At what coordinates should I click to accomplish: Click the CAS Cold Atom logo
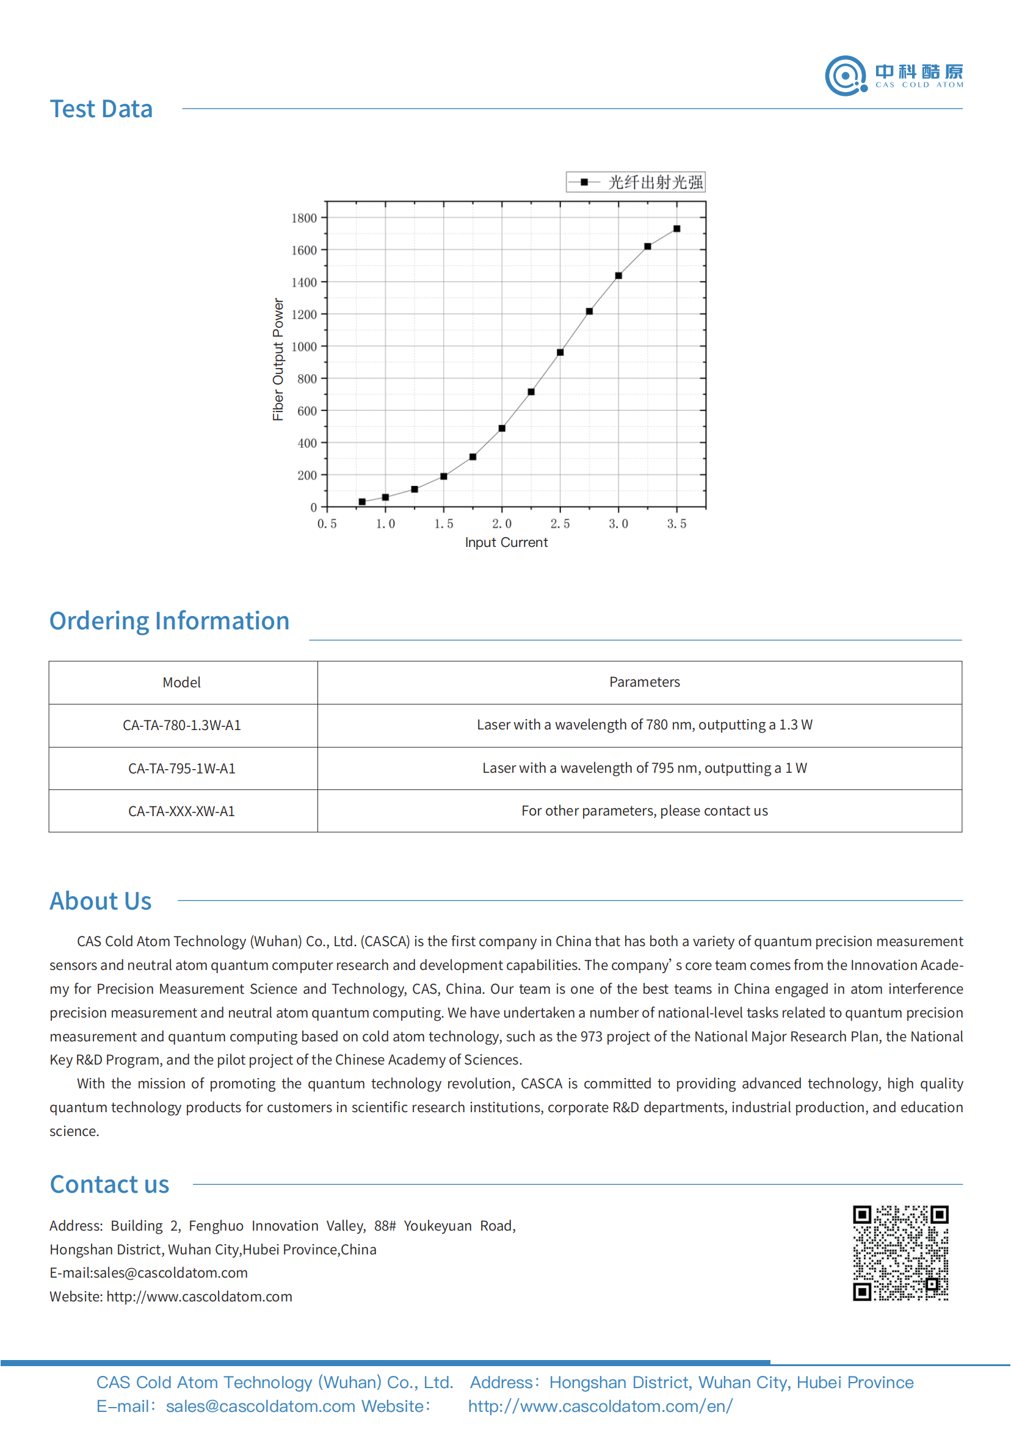click(x=894, y=76)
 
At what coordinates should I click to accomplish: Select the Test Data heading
click(x=101, y=109)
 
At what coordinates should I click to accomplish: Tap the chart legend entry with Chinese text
click(x=636, y=183)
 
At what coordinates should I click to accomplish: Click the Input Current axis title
click(x=506, y=543)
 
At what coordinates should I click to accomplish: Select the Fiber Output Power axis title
click(x=278, y=360)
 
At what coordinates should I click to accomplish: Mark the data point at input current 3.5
click(x=676, y=229)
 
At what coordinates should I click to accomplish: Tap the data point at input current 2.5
click(x=560, y=353)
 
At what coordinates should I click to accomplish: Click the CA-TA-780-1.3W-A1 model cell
click(x=182, y=726)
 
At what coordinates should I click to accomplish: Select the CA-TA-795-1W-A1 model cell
click(x=182, y=769)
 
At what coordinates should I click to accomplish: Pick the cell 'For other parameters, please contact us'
click(x=644, y=812)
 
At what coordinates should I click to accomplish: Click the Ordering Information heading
click(x=169, y=621)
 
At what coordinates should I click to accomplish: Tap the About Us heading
click(x=101, y=902)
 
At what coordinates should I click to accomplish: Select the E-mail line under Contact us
click(x=149, y=1273)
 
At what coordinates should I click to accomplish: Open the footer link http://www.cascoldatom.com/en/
click(x=600, y=1406)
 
